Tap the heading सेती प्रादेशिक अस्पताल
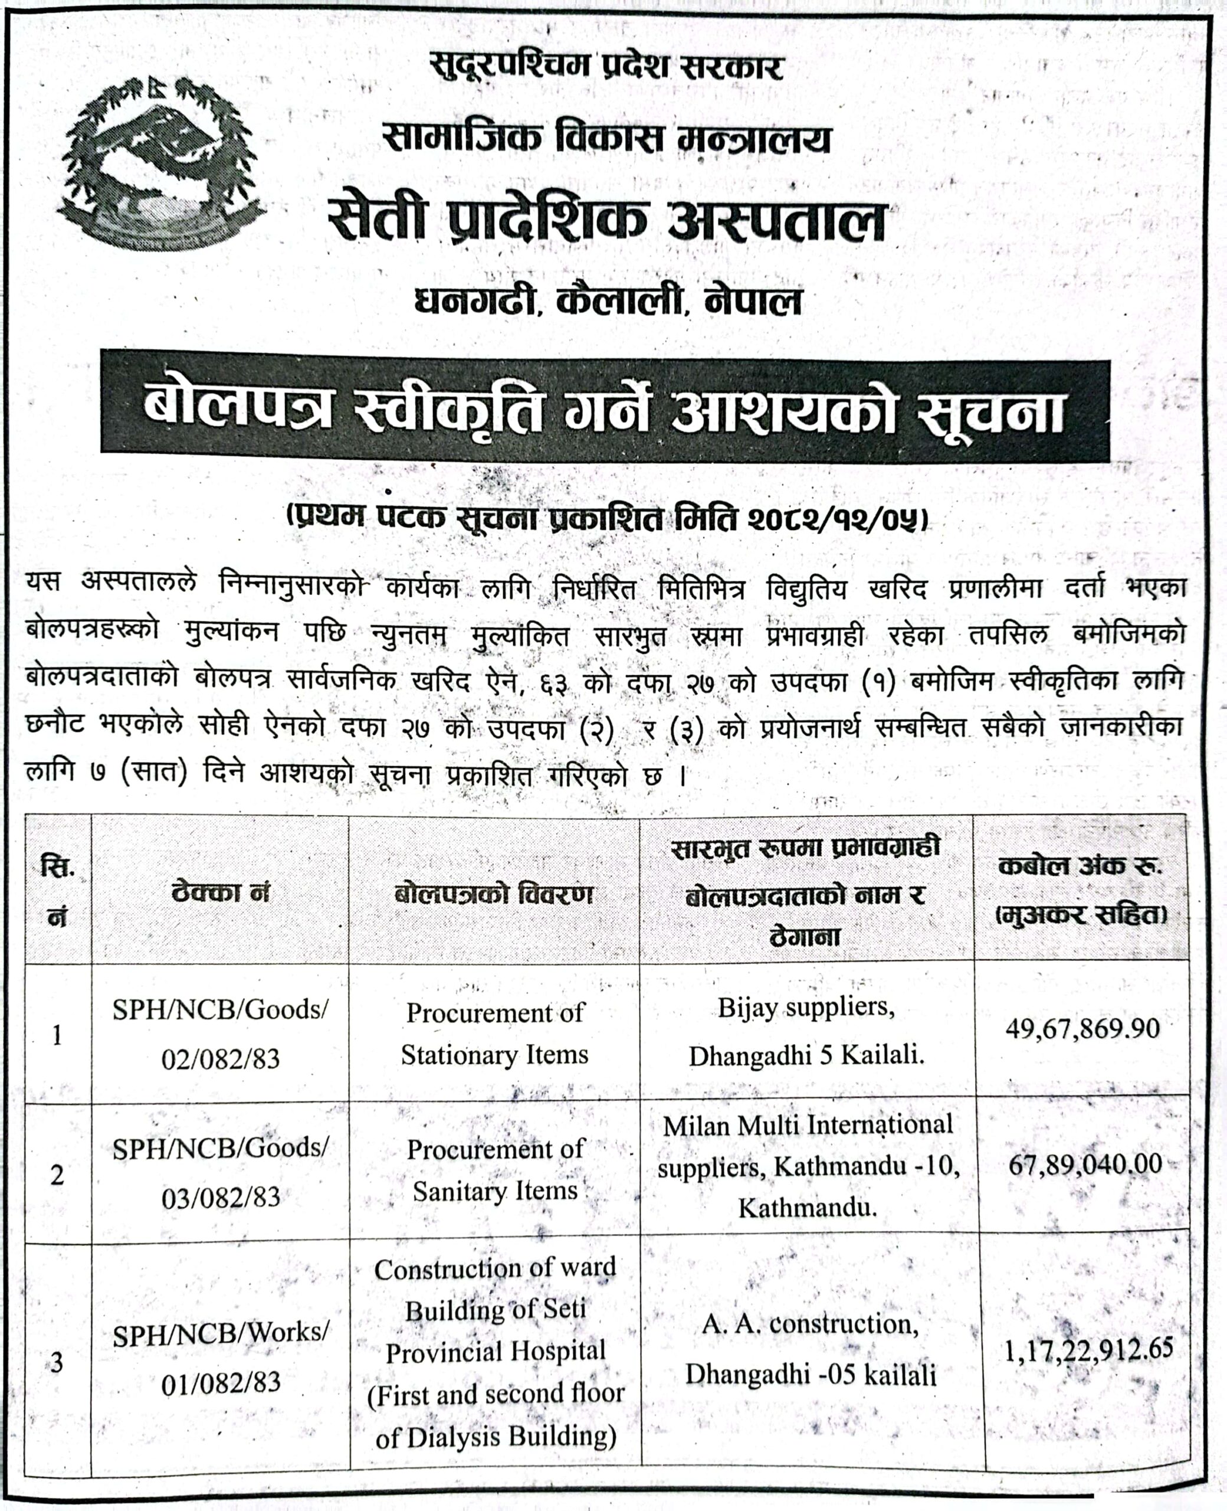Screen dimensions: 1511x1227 click(x=606, y=221)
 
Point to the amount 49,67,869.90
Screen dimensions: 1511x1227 click(x=1082, y=1028)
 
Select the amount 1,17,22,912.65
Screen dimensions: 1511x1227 click(x=1088, y=1350)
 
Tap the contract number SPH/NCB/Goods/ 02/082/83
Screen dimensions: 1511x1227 click(x=221, y=1034)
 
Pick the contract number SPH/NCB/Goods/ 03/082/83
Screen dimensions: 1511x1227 click(x=221, y=1172)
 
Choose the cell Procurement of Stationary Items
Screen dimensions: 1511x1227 click(x=495, y=1033)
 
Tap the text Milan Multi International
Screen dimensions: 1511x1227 click(x=808, y=1125)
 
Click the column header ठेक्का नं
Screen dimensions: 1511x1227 click(x=221, y=892)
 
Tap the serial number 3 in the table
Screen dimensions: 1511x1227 click(x=57, y=1362)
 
